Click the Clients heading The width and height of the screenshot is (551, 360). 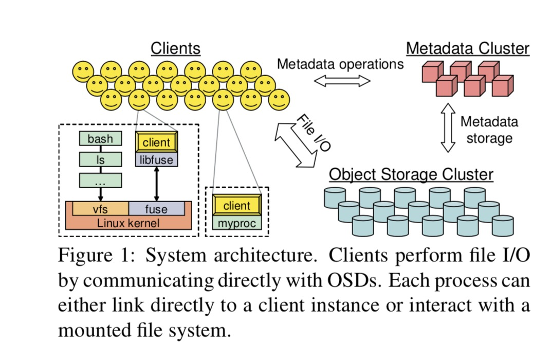click(x=175, y=49)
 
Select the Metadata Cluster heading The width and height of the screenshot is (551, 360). click(x=467, y=49)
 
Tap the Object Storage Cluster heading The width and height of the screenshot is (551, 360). click(x=411, y=174)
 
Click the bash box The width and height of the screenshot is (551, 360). click(x=100, y=139)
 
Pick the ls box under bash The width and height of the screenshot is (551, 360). click(x=100, y=160)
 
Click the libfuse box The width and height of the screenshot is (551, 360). click(x=157, y=160)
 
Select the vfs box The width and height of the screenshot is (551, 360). click(x=100, y=209)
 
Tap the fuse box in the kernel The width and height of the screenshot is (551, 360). click(x=156, y=209)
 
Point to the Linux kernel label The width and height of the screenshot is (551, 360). click(x=128, y=223)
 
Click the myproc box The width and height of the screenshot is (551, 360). click(x=236, y=223)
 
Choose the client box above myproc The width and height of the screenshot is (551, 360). click(x=236, y=206)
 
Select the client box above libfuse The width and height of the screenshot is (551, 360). click(x=157, y=142)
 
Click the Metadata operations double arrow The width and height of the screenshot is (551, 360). click(x=342, y=81)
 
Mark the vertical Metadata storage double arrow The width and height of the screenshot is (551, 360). click(x=448, y=128)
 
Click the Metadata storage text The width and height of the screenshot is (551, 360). click(x=489, y=130)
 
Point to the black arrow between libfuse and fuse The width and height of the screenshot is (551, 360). click(x=157, y=183)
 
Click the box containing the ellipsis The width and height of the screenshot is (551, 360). click(x=100, y=181)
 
